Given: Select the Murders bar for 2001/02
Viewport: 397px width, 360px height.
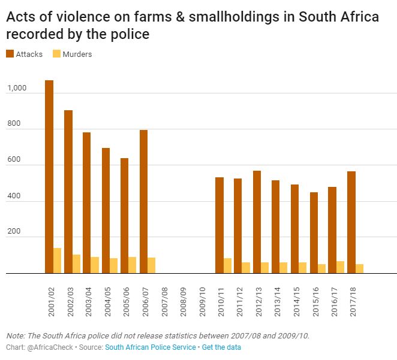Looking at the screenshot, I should (x=58, y=261).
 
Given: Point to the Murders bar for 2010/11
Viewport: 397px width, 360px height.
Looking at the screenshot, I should (x=228, y=265).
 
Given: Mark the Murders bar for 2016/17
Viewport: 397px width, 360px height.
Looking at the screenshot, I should (x=341, y=267).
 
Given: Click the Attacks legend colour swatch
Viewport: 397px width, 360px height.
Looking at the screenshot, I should (x=10, y=55).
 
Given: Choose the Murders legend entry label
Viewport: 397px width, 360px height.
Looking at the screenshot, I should (x=77, y=55).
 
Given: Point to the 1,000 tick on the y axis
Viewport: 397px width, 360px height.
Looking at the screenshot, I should (x=17, y=89).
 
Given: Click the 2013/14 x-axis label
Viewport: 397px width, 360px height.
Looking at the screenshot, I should (x=276, y=300).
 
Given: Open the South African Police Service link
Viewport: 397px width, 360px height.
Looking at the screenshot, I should (x=150, y=347).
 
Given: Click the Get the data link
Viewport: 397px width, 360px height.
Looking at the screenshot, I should (x=221, y=347).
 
